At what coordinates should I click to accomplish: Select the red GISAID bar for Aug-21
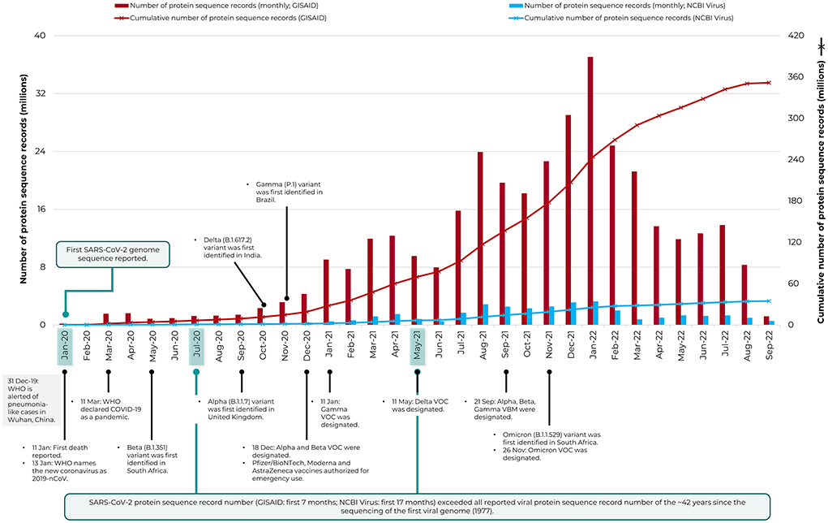click(x=480, y=238)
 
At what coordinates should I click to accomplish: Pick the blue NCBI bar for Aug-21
click(x=486, y=314)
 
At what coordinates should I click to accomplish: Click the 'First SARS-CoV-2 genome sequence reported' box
click(x=114, y=253)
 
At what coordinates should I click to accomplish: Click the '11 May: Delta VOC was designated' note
click(x=418, y=405)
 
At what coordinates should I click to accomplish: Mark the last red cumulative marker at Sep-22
click(x=768, y=83)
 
